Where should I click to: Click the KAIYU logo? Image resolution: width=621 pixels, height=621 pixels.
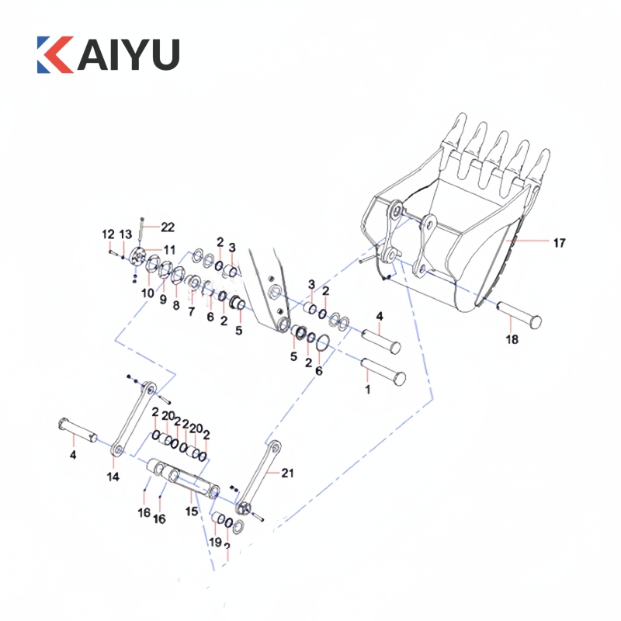point(108,53)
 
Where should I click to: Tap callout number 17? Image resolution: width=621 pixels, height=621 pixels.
point(559,243)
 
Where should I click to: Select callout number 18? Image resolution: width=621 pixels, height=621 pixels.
point(512,338)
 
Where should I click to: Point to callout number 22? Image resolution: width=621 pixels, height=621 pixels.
point(168,227)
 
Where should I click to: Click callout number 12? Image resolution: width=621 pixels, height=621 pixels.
point(108,234)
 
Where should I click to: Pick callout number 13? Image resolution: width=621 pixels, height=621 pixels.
point(126,234)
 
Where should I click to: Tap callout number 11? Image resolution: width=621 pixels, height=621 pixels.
point(169,250)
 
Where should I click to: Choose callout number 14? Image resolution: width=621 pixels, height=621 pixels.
point(113,476)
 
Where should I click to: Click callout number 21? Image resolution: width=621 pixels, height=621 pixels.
point(288,472)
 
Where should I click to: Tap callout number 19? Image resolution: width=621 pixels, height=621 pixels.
point(215,542)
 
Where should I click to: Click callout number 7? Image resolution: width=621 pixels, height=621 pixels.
point(191,310)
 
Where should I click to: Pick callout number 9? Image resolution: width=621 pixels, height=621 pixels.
point(162,299)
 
